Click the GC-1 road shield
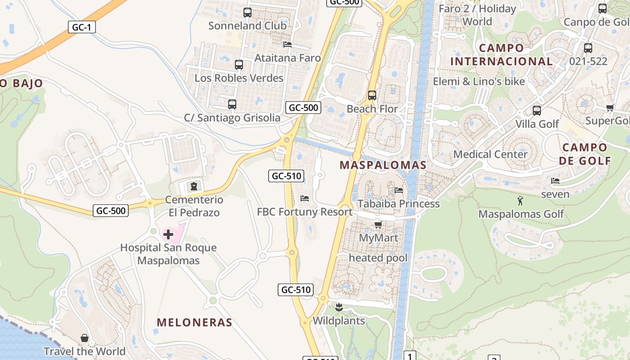click(82, 27)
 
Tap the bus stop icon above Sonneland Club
click(247, 13)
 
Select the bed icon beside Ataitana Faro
click(287, 45)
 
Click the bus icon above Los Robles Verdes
click(239, 65)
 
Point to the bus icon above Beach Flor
click(372, 95)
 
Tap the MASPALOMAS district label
click(383, 165)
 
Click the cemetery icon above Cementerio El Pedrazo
click(194, 186)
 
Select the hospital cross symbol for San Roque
click(168, 234)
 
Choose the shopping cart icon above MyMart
click(378, 225)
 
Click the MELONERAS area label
click(194, 322)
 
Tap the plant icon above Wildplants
click(339, 308)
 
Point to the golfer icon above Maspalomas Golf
click(521, 201)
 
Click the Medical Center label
click(490, 154)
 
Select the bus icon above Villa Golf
click(536, 111)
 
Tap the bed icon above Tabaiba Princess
click(399, 190)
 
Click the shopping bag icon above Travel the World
click(85, 338)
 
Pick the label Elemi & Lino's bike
click(479, 81)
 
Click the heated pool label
click(378, 258)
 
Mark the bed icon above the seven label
click(555, 181)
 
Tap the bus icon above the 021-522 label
click(588, 48)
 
